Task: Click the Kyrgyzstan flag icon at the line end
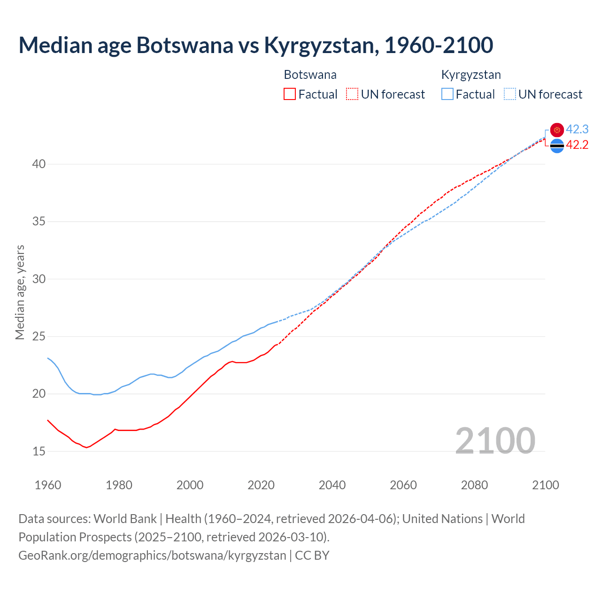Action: click(557, 130)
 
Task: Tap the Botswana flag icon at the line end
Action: click(557, 146)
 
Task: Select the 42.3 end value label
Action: click(577, 129)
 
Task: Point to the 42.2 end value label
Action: click(577, 145)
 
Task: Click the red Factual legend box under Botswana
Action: click(290, 94)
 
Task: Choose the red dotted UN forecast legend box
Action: click(352, 94)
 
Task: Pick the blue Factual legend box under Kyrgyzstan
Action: click(447, 94)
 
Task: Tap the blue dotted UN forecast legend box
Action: click(509, 94)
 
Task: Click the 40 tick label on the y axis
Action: click(39, 164)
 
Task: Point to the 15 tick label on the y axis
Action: click(39, 451)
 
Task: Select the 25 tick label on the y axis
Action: click(39, 337)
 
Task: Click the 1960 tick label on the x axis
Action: click(48, 485)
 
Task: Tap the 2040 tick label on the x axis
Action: click(332, 485)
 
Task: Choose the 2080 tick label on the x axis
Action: click(474, 485)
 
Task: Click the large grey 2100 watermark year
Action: click(495, 440)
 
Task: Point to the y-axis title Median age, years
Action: click(20, 292)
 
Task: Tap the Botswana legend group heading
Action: click(310, 75)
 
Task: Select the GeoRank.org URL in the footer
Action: click(152, 555)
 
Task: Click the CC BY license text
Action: click(312, 555)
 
